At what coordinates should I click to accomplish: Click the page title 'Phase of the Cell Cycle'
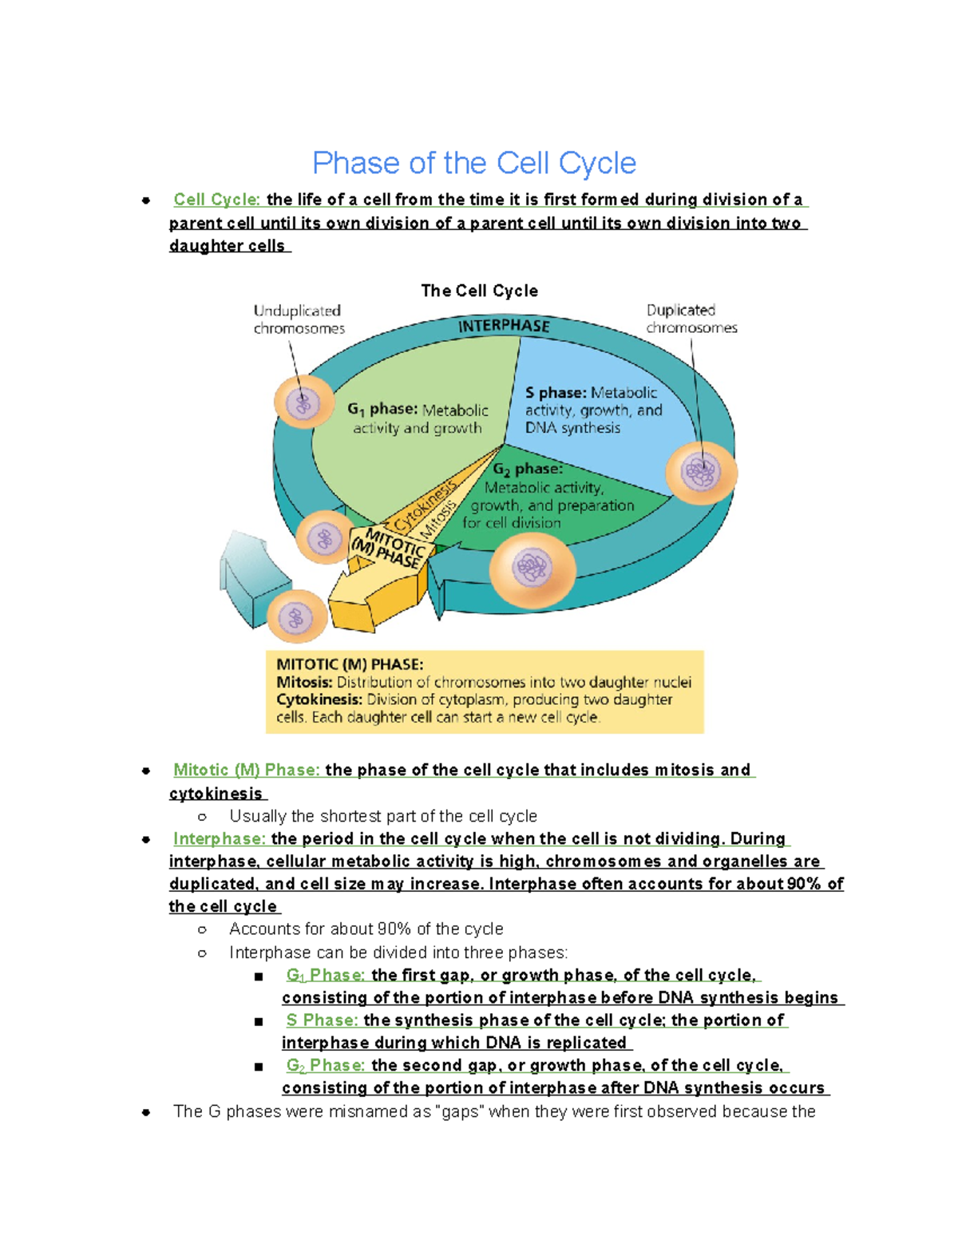point(474,164)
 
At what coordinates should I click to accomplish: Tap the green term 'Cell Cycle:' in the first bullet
point(217,200)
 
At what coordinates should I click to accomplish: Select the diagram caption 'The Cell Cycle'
point(479,291)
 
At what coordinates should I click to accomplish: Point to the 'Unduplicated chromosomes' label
point(299,319)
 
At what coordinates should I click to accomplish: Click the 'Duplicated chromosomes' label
point(691,319)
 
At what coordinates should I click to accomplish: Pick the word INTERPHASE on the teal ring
point(505,326)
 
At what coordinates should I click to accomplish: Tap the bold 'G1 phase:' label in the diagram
point(383,410)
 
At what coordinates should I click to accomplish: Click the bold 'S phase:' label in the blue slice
point(556,393)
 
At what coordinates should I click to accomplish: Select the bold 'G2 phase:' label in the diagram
point(528,469)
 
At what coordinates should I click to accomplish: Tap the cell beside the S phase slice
point(701,473)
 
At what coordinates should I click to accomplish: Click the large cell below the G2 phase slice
point(533,568)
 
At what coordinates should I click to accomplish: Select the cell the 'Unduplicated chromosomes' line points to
point(304,402)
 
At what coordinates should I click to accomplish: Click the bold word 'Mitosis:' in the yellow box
point(304,682)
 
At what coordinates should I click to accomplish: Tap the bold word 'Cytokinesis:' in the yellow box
point(319,699)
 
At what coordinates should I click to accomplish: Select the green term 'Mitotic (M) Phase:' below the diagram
point(247,770)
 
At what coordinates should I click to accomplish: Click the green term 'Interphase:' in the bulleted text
point(220,838)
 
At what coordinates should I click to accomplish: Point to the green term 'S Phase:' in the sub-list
point(323,1020)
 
